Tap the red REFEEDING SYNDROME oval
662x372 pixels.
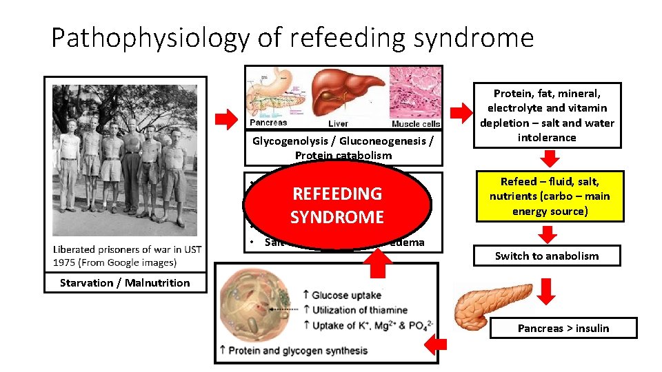[337, 205]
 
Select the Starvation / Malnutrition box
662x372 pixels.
[125, 282]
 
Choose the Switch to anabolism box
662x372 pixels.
[547, 256]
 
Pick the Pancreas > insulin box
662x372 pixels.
[563, 328]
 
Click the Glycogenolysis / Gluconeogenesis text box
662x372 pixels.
[343, 148]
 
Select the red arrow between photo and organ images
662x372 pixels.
[225, 120]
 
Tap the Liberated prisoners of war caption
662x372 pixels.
[127, 255]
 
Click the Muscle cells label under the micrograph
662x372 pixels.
[415, 124]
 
